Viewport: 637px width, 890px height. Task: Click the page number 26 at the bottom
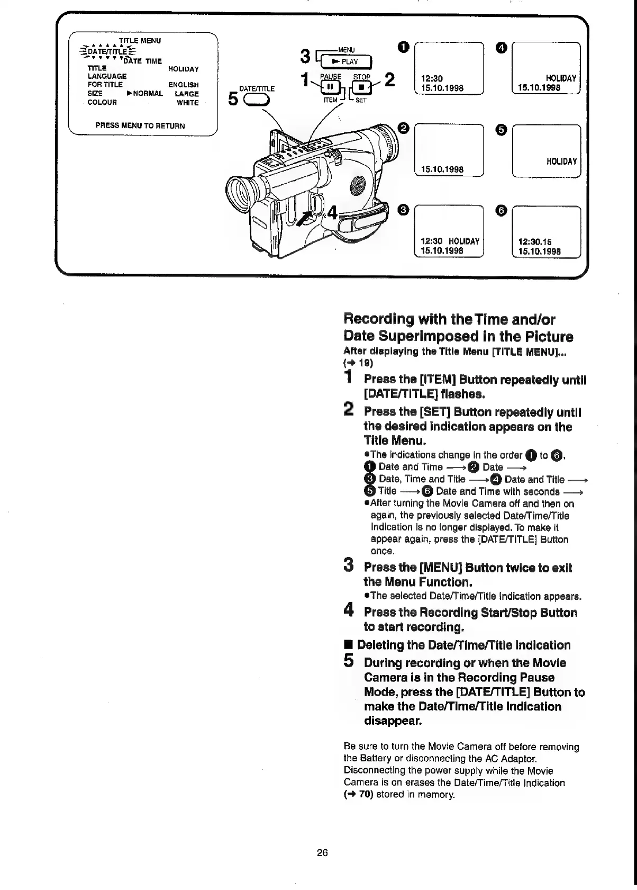click(322, 852)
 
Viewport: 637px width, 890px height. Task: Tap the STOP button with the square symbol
click(361, 87)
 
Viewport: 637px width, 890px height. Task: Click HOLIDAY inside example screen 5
click(561, 161)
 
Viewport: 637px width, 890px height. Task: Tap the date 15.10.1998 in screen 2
click(442, 169)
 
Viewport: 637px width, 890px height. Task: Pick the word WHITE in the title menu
click(187, 103)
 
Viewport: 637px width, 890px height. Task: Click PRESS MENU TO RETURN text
click(140, 126)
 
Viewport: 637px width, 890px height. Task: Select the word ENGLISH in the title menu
click(183, 85)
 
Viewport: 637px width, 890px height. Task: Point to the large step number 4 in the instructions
click(349, 610)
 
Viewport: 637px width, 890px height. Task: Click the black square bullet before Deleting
click(348, 645)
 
